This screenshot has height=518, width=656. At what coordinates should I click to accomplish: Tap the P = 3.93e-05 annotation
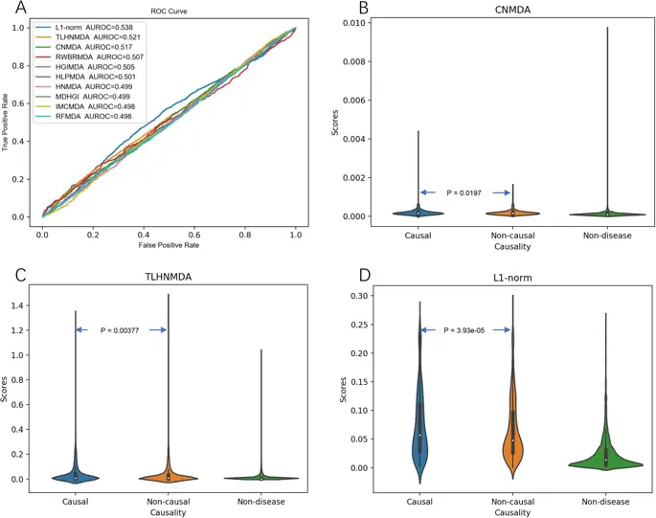469,330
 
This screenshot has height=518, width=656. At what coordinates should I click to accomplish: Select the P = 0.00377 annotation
123,330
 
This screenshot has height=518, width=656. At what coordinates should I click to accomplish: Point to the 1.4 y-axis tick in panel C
43,305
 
